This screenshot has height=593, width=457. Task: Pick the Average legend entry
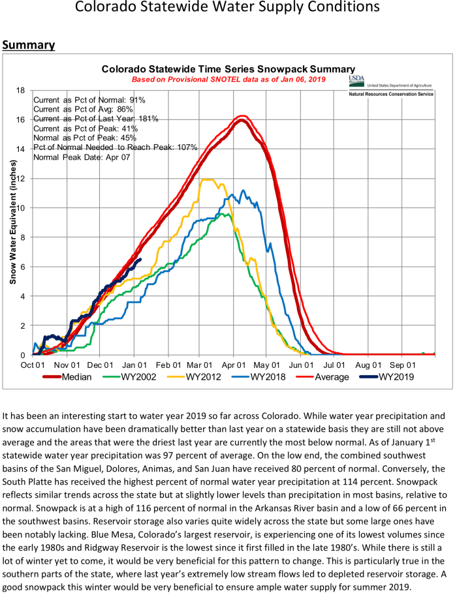click(x=332, y=376)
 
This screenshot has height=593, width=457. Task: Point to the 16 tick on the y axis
click(x=21, y=120)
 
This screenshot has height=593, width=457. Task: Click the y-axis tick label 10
click(x=21, y=208)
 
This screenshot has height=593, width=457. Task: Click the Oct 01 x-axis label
click(x=33, y=365)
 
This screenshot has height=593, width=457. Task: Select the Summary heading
click(x=28, y=45)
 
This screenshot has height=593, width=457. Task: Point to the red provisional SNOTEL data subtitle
click(x=228, y=79)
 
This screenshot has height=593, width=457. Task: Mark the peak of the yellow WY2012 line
click(x=208, y=179)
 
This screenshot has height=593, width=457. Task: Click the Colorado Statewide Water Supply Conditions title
click(x=227, y=8)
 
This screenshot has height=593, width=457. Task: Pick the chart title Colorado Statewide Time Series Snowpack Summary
click(x=228, y=68)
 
